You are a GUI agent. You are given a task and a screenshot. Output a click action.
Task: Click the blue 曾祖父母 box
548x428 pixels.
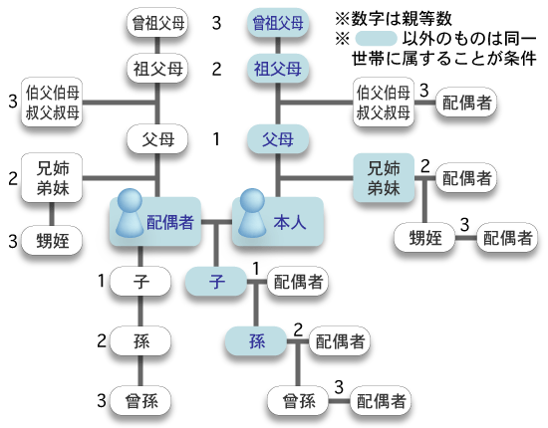(278, 23)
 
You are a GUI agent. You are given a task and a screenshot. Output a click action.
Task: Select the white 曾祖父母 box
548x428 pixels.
(157, 23)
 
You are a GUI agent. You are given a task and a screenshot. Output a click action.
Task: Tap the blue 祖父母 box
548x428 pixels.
(278, 69)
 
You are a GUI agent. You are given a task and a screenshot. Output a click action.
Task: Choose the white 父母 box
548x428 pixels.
(157, 139)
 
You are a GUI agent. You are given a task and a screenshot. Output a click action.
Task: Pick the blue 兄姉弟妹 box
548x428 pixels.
(384, 178)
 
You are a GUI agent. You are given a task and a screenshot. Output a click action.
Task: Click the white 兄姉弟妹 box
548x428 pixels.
(52, 178)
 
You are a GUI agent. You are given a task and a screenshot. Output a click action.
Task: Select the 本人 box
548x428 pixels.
(278, 221)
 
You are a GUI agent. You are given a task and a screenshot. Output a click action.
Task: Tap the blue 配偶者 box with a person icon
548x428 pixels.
(155, 221)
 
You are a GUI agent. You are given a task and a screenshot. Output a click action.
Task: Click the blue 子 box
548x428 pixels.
(216, 281)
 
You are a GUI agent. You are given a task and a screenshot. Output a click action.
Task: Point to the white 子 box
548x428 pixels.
(140, 281)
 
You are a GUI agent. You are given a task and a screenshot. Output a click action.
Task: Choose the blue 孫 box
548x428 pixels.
(256, 341)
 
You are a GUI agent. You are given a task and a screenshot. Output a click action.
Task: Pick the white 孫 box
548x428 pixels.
(140, 341)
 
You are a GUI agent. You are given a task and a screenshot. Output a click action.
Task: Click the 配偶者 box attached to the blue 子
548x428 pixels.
(298, 281)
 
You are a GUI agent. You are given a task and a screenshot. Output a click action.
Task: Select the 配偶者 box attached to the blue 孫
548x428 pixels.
(340, 341)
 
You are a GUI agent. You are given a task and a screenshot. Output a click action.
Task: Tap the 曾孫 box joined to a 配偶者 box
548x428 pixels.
(298, 401)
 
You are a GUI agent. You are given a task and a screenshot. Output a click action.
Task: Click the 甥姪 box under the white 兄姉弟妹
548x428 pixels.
(52, 241)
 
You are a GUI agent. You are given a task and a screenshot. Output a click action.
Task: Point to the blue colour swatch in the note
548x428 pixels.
(376, 39)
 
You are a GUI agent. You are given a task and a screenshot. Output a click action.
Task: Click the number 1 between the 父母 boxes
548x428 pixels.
(216, 139)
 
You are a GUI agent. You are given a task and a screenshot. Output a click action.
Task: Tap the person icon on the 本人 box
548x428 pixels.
(252, 213)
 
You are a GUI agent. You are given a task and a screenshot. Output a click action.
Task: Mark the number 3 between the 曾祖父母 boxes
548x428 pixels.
(216, 23)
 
